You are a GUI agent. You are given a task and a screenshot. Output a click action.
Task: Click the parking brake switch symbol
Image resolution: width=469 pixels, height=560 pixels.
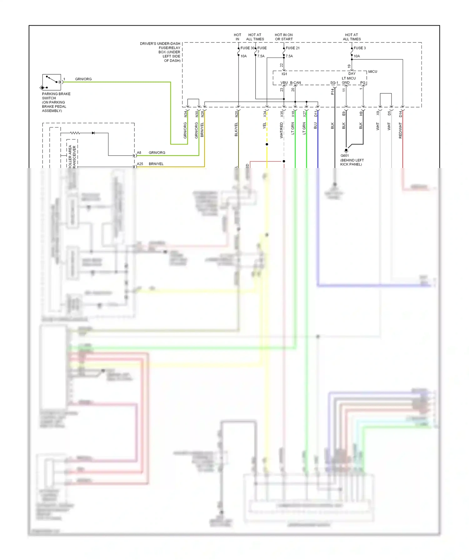click(x=52, y=82)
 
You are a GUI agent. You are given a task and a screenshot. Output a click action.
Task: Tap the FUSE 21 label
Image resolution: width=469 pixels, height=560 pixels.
click(x=292, y=48)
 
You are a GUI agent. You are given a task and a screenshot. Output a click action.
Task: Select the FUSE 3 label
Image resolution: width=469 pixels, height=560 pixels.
click(x=360, y=48)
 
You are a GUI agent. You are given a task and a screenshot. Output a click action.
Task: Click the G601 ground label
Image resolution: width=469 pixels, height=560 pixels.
click(x=345, y=156)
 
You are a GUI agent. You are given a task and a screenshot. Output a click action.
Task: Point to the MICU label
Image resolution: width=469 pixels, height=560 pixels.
click(x=372, y=72)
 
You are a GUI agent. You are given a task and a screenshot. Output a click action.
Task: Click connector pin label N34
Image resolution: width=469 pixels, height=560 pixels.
click(x=185, y=114)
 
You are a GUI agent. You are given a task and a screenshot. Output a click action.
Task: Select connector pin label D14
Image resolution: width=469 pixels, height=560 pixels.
click(x=400, y=114)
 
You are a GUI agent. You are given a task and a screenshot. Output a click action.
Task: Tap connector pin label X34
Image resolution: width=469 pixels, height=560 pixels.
click(x=265, y=114)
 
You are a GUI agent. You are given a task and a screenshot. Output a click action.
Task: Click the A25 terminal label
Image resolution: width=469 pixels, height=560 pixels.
click(x=140, y=164)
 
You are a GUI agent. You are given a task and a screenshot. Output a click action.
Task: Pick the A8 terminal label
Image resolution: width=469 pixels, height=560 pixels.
click(x=139, y=153)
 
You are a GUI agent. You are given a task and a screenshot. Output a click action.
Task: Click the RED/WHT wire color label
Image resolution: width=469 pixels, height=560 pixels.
click(x=400, y=130)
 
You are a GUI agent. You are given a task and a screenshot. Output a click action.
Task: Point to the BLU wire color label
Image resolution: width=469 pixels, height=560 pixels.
click(x=315, y=126)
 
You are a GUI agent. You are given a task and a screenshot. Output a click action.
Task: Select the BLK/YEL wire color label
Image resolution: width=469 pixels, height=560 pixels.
click(x=236, y=129)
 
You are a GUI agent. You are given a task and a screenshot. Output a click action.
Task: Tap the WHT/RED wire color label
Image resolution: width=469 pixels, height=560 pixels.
click(x=281, y=130)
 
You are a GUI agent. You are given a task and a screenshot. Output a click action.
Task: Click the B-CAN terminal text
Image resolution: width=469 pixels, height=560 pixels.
click(x=295, y=83)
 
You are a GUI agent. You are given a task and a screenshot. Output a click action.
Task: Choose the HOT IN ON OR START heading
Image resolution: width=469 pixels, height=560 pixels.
click(x=284, y=37)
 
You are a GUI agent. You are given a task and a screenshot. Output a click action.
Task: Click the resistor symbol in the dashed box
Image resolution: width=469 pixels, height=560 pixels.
click(x=75, y=133)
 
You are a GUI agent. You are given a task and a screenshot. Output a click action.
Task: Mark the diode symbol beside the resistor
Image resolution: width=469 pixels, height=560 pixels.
click(x=93, y=133)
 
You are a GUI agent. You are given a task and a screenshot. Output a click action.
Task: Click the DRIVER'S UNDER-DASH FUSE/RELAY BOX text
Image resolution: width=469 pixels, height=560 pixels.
click(x=160, y=52)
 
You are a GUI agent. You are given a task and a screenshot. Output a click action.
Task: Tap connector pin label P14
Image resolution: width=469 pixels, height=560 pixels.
click(x=332, y=92)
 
